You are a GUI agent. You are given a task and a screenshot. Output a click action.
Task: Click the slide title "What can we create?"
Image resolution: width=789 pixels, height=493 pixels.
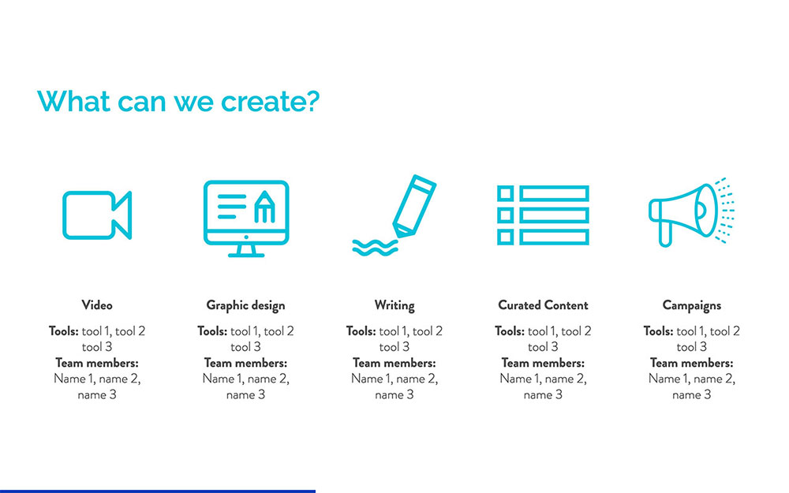(178, 101)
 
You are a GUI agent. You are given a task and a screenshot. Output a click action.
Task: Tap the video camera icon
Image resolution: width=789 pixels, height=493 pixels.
(97, 215)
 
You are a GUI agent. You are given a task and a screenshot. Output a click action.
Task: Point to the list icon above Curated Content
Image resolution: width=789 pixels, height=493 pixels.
(543, 215)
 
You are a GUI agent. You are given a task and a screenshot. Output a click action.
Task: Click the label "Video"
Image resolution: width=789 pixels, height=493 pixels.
(97, 305)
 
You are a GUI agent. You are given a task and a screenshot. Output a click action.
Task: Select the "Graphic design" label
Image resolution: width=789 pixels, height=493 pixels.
(245, 305)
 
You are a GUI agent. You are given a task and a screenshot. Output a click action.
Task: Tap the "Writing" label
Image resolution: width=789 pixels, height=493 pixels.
(394, 305)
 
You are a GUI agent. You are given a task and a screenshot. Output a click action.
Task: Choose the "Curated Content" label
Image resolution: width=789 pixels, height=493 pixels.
(543, 305)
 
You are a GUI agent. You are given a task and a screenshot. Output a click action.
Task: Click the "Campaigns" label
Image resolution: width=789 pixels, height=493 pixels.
(691, 305)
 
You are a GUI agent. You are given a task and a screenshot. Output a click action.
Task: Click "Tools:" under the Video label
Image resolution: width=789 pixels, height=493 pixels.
(64, 331)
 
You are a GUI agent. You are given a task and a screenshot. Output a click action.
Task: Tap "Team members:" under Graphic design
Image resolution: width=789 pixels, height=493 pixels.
(245, 363)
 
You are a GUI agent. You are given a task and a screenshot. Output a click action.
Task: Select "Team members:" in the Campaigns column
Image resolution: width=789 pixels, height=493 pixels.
(691, 363)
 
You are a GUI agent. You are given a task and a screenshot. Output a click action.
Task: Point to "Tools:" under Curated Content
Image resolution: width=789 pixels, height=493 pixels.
(510, 331)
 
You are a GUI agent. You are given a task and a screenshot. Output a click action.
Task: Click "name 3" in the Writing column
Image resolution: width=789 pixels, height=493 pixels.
(394, 394)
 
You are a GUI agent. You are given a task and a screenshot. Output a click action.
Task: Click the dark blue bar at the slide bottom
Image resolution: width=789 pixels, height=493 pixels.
(158, 491)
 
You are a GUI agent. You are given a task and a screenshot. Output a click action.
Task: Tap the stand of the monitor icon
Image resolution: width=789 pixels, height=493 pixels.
(245, 251)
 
